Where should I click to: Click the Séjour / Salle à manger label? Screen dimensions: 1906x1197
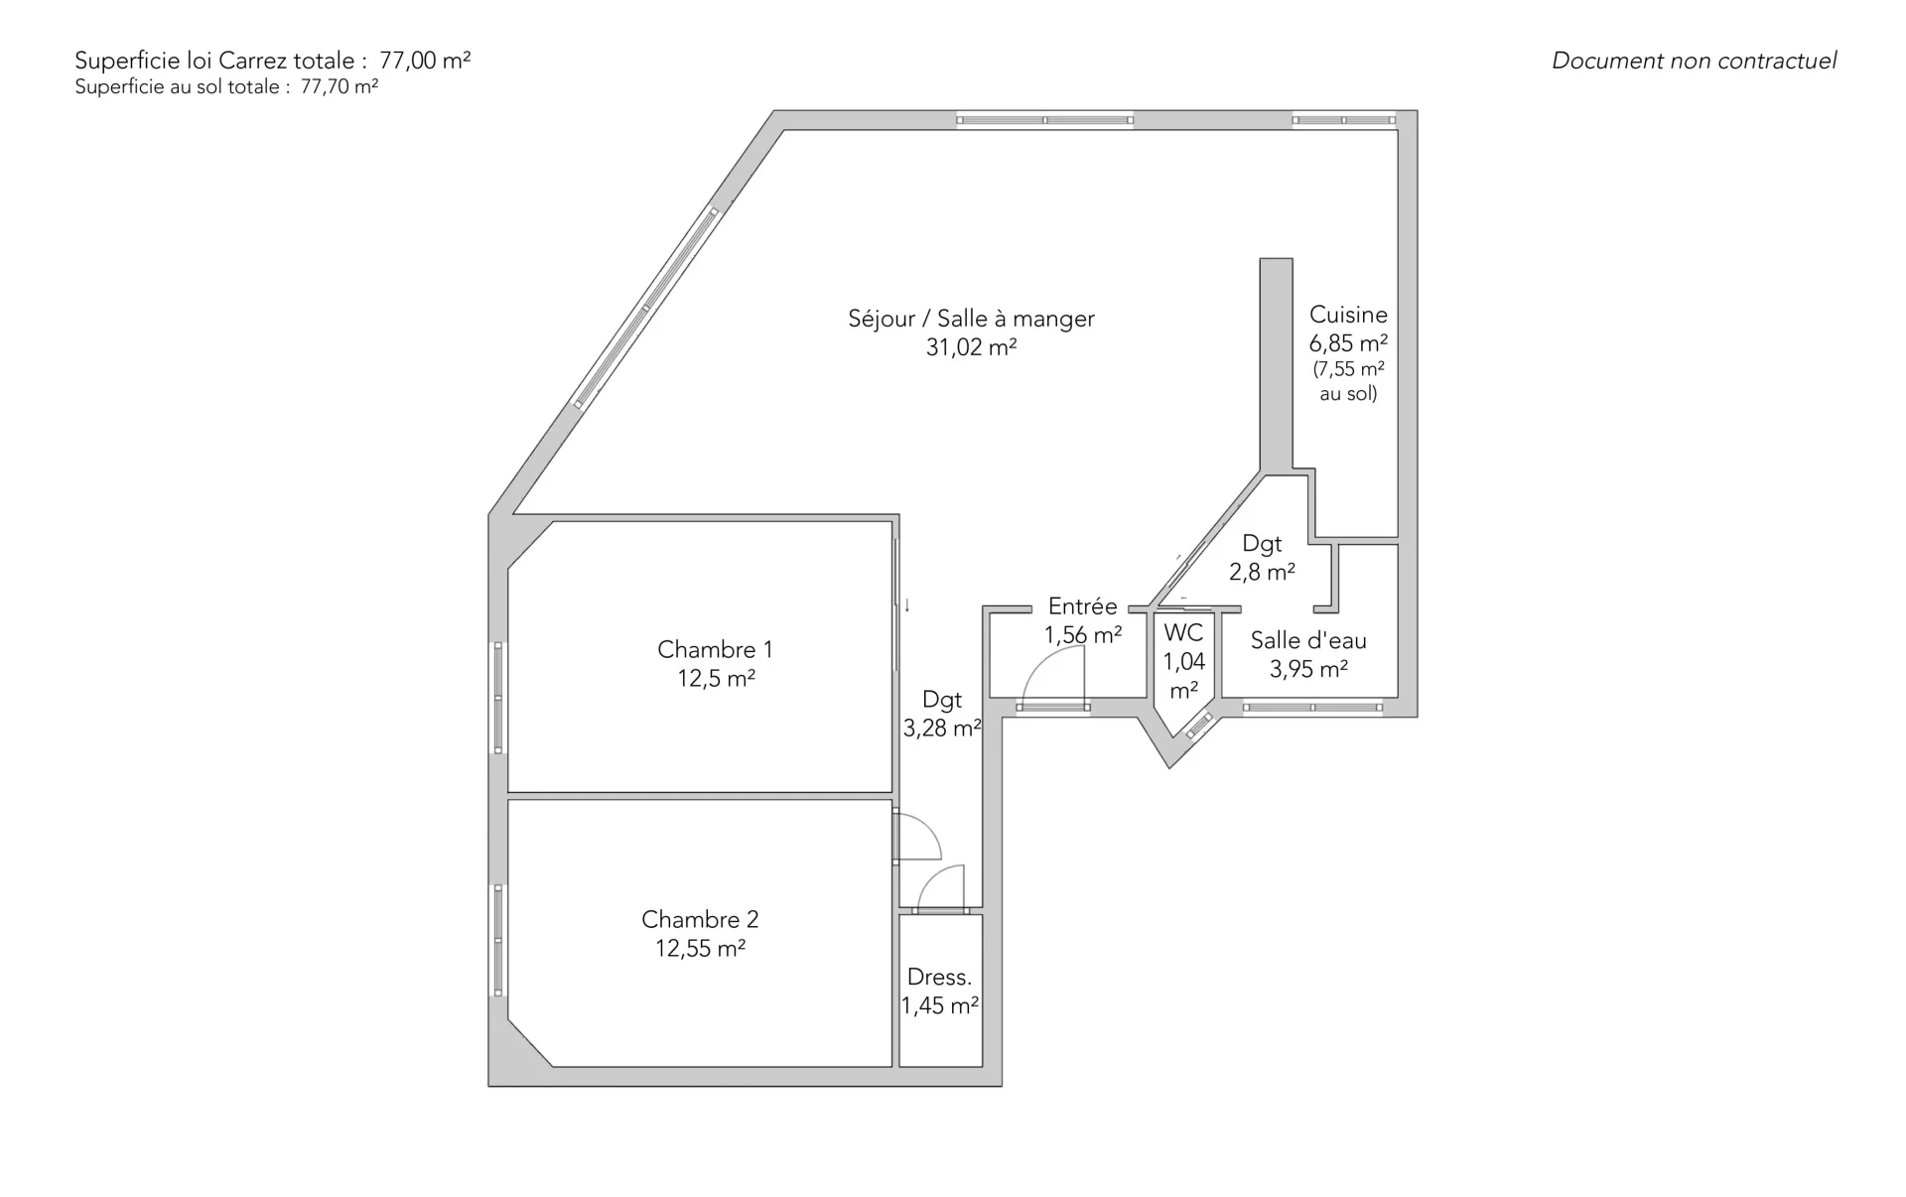tap(971, 319)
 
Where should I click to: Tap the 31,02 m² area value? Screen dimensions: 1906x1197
tap(971, 347)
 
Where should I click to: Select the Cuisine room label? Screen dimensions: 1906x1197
tap(1348, 315)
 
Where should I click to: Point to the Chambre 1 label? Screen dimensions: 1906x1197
tap(715, 650)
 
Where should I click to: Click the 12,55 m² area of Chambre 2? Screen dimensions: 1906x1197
tap(700, 949)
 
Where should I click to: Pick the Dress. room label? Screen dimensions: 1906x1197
tap(939, 978)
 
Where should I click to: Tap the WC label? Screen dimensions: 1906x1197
tap(1183, 633)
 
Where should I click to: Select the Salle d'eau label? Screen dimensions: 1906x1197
tap(1308, 641)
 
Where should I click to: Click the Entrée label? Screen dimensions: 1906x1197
tap(1082, 606)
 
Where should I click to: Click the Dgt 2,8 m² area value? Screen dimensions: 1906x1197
tap(1262, 573)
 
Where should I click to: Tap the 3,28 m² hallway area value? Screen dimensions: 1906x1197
tap(942, 729)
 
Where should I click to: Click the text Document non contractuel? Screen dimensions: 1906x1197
tap(1694, 61)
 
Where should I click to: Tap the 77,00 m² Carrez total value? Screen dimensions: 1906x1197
tap(425, 60)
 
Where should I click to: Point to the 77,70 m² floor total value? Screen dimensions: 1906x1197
tap(340, 87)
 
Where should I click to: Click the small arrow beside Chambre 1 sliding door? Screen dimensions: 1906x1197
tap(906, 604)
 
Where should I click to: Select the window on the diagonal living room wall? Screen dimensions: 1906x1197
tap(646, 308)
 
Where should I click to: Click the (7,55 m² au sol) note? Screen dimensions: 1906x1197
tap(1348, 381)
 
